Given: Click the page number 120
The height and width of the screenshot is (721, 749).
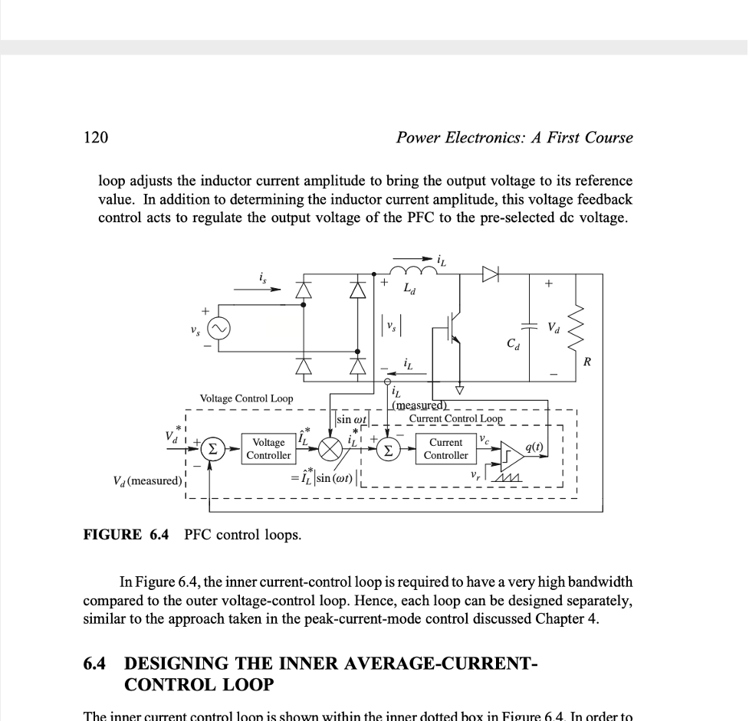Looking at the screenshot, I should [95, 138].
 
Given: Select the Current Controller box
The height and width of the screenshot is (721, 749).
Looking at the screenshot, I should [445, 449].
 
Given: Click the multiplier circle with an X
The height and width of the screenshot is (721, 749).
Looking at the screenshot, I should [331, 449].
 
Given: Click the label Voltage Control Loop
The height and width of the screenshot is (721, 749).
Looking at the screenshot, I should [246, 398].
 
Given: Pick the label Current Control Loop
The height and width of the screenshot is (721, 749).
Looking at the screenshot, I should [455, 419].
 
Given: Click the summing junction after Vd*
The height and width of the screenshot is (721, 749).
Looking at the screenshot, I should [217, 449].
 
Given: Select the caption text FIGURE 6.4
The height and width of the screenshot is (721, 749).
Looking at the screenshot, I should [128, 535].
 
